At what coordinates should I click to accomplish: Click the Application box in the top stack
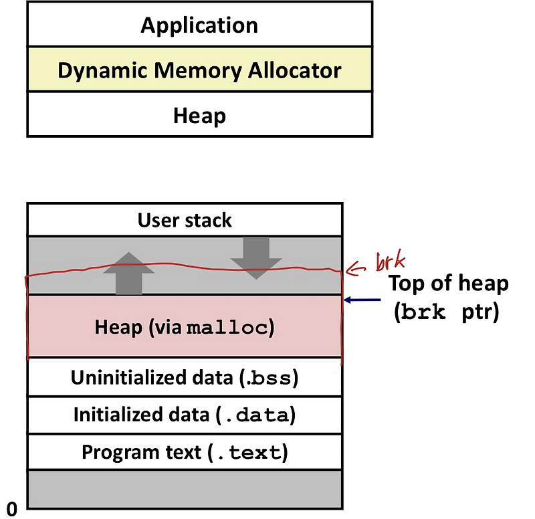[x=199, y=25]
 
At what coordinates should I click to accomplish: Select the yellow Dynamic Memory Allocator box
[x=199, y=70]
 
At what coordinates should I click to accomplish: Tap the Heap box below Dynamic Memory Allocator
[x=199, y=115]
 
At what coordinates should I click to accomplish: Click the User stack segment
[x=185, y=220]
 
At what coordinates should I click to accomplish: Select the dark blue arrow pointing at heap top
[x=364, y=301]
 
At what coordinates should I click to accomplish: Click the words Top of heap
[x=448, y=284]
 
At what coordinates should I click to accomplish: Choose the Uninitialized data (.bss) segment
[x=185, y=377]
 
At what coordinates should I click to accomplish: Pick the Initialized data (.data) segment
[x=185, y=415]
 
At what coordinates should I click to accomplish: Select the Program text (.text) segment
[x=185, y=453]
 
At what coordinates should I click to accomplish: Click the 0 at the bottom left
[x=11, y=506]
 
